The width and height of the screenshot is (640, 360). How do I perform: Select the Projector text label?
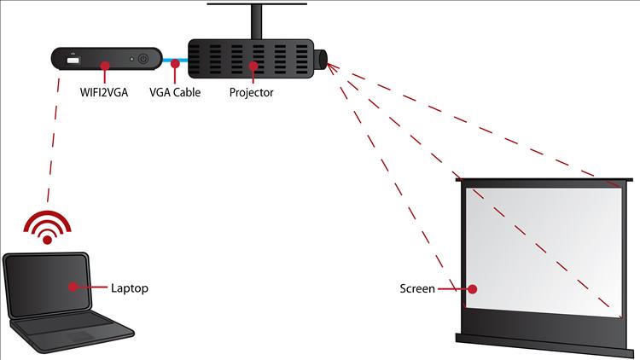pyautogui.click(x=251, y=92)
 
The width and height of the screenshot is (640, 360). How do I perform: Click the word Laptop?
pyautogui.click(x=130, y=288)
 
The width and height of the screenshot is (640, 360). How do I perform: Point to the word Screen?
pyautogui.click(x=417, y=288)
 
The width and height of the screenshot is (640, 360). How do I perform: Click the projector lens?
pyautogui.click(x=323, y=60)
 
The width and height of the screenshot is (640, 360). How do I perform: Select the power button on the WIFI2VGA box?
pyautogui.click(x=143, y=60)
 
